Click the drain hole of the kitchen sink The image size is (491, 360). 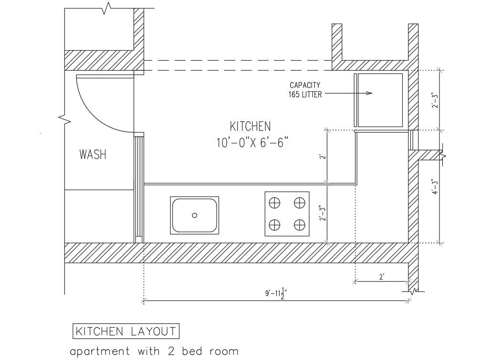coord(195,215)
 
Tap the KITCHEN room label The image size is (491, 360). coord(250,126)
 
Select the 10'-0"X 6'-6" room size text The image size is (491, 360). coord(252,143)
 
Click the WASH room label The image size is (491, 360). coord(93,155)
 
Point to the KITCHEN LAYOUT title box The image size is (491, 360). coord(126,331)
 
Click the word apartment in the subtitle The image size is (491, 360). coord(100,351)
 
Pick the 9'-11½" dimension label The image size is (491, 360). coord(276,294)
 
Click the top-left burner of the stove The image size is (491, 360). coord(274,203)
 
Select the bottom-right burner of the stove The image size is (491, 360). coord(299,225)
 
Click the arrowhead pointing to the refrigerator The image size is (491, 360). coord(369,93)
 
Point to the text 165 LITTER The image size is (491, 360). coord(305,95)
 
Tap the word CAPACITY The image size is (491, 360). coord(305,85)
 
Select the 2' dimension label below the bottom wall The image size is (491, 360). coord(382,277)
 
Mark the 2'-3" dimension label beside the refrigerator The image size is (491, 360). coord(435,100)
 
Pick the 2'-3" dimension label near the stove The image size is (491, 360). coord(323,213)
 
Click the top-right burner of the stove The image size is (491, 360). coord(299,203)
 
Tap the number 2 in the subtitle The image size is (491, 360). coord(171,351)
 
